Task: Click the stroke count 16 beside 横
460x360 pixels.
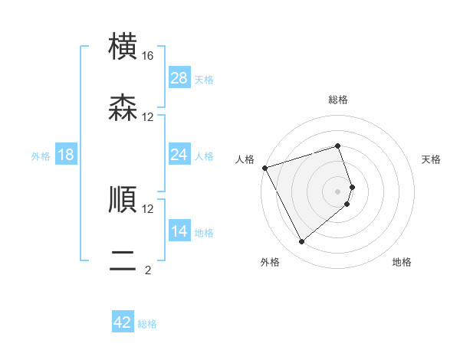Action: (148, 56)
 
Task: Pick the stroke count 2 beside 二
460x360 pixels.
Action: (148, 270)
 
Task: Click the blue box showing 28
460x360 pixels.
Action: (179, 78)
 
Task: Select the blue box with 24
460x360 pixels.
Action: (179, 155)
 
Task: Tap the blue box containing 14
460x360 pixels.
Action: (179, 231)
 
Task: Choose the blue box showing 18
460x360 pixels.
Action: (66, 155)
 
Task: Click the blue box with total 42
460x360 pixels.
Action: (123, 322)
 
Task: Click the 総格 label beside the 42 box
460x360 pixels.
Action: (147, 324)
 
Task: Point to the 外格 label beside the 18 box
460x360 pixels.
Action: (41, 156)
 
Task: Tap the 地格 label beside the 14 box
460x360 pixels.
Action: (204, 233)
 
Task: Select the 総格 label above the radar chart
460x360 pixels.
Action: (338, 100)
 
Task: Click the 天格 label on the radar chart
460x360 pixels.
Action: (432, 159)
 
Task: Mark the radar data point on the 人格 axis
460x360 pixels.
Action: (264, 168)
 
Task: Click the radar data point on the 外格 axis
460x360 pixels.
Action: (301, 242)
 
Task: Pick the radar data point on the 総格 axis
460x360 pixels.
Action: (338, 146)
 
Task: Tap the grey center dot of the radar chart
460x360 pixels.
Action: (338, 191)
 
